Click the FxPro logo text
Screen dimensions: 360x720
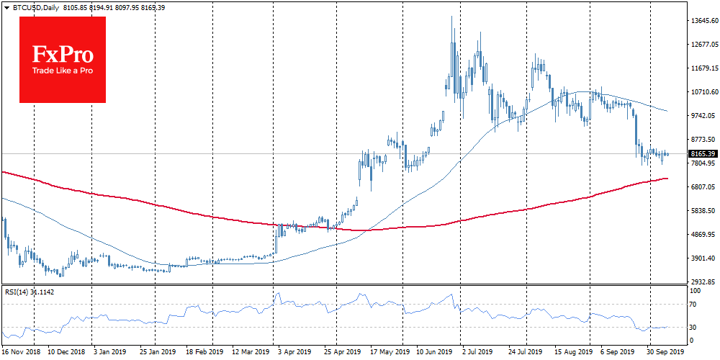63,54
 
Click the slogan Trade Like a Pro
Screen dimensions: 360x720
63,71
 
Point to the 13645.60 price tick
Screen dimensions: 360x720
703,21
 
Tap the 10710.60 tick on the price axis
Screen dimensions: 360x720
703,92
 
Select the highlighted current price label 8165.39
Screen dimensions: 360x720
703,153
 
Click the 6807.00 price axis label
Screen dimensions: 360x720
703,187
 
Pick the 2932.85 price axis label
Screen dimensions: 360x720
703,282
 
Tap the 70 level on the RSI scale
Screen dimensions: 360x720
695,305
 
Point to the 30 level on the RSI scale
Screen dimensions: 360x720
695,327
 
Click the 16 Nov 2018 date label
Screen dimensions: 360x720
20,353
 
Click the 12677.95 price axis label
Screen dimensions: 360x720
703,45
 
